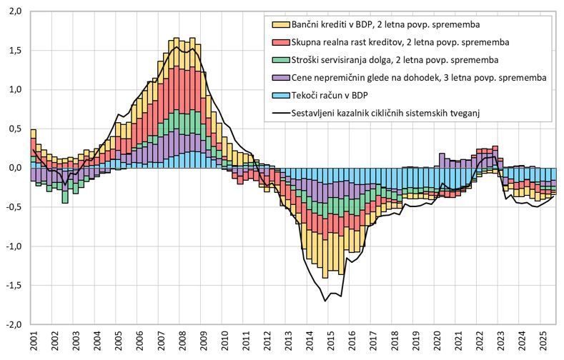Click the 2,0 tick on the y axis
14,12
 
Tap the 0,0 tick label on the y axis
14,168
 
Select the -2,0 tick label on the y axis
12,324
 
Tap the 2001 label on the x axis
32,340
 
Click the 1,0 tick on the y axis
14,90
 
